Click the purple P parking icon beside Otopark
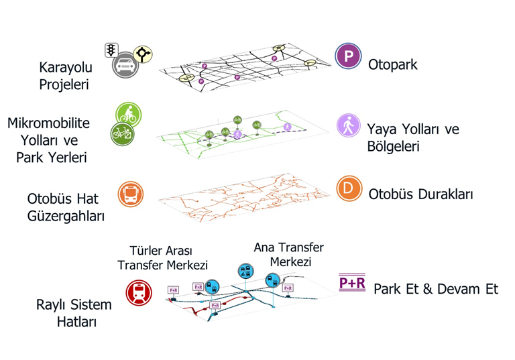(x=348, y=56)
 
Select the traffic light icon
(x=111, y=50)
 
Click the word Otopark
(x=393, y=65)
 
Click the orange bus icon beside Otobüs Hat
(x=130, y=194)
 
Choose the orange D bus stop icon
(x=348, y=189)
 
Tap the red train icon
(x=139, y=292)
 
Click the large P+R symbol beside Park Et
(x=352, y=282)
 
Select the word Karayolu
(x=66, y=67)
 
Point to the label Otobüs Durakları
(x=421, y=194)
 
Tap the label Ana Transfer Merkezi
(x=289, y=255)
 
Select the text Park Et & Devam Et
(x=436, y=290)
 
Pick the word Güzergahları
(x=66, y=217)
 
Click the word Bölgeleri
(x=393, y=145)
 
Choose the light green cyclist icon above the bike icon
(x=127, y=114)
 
